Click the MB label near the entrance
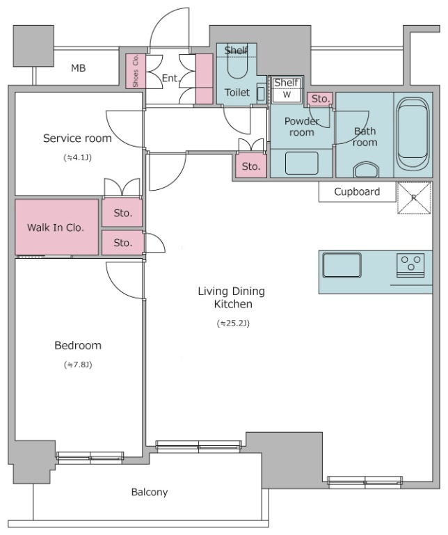pos(78,68)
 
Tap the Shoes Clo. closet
pos(136,71)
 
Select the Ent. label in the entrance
pos(170,79)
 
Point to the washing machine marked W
pos(287,89)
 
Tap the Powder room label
pos(302,127)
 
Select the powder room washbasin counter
pos(301,163)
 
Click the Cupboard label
pos(357,192)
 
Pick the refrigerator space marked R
pos(414,198)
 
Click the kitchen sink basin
pos(342,265)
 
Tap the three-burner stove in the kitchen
pos(411,265)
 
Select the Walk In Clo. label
pos(56,227)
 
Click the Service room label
pos(77,138)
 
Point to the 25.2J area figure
pos(233,323)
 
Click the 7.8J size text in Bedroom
pos(78,365)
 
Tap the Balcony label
pos(150,492)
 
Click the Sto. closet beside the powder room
pos(251,166)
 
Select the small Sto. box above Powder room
pos(320,99)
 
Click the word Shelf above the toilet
pos(236,51)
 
